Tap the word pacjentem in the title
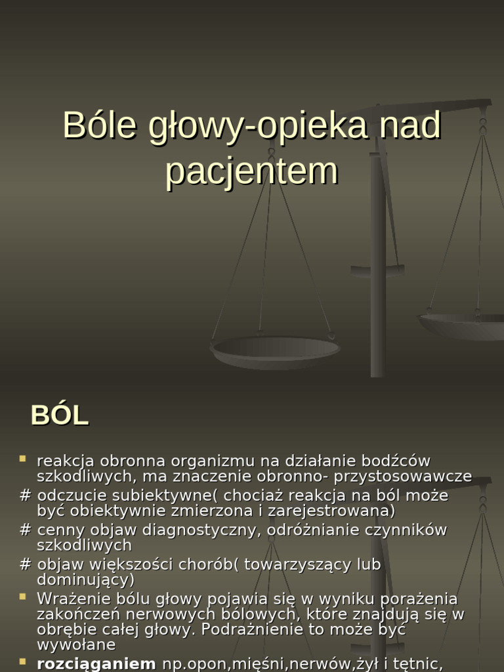point(251,171)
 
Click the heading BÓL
point(60,415)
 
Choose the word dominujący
point(85,580)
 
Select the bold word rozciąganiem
point(96,663)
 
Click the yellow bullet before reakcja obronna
point(23,459)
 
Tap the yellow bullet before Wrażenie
point(23,597)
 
